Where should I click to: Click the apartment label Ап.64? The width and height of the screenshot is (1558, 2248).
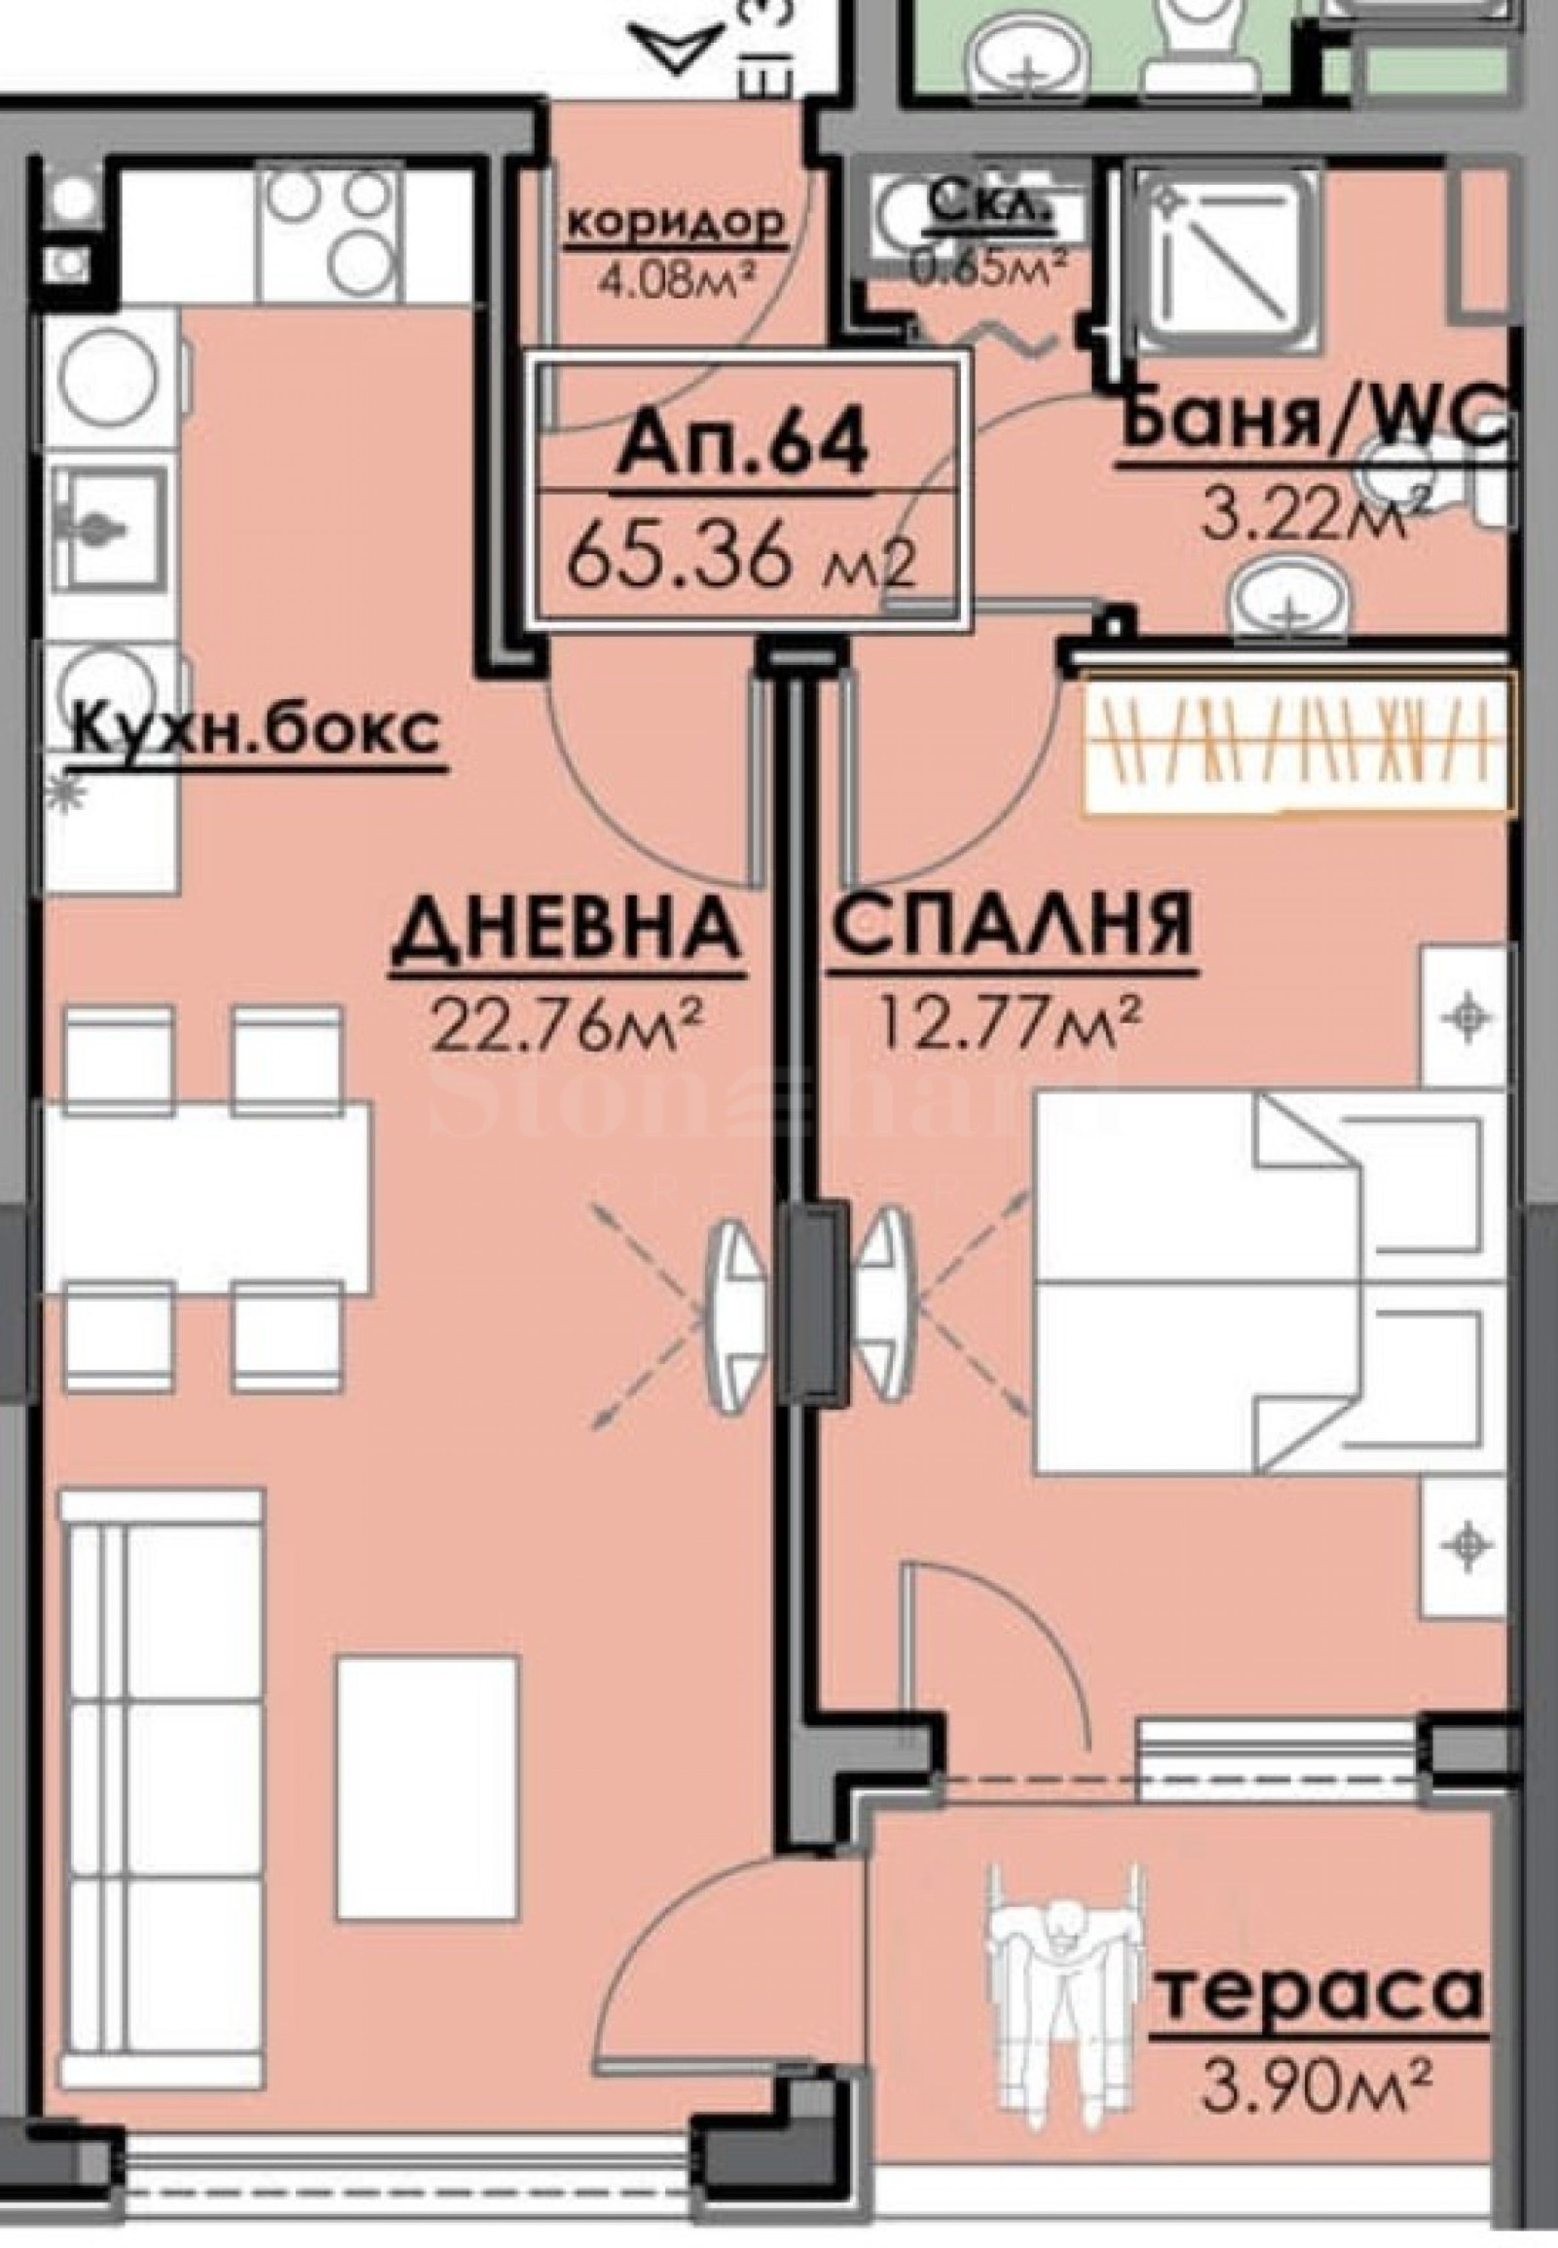pos(743,446)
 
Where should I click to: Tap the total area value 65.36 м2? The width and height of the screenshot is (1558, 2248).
pos(743,559)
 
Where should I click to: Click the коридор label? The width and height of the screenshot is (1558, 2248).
pos(676,224)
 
